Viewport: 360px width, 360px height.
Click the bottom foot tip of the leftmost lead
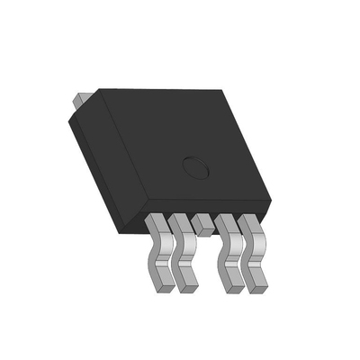click(x=161, y=286)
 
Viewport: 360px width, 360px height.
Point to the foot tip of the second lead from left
click(x=185, y=287)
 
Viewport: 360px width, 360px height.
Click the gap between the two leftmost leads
click(x=170, y=256)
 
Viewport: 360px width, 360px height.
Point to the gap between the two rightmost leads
click(x=243, y=256)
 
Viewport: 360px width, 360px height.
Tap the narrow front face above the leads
click(x=207, y=208)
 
